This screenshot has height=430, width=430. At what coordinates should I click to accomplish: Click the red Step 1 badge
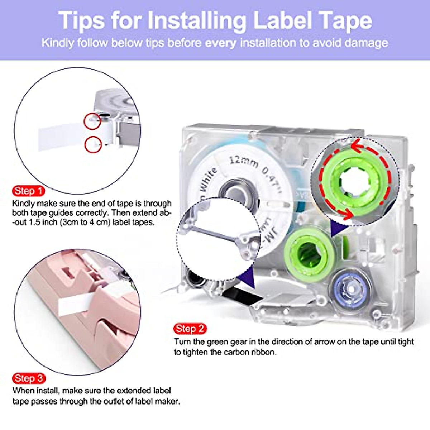pyautogui.click(x=28, y=191)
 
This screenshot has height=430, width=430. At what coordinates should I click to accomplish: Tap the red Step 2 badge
pyautogui.click(x=190, y=329)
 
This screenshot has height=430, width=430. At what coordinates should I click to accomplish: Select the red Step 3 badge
pyautogui.click(x=29, y=378)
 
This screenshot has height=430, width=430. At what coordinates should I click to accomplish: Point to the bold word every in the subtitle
pyautogui.click(x=221, y=43)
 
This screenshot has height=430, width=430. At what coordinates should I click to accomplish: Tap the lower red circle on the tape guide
pyautogui.click(x=93, y=144)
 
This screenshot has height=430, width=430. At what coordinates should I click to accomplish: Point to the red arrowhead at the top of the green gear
pyautogui.click(x=355, y=146)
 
